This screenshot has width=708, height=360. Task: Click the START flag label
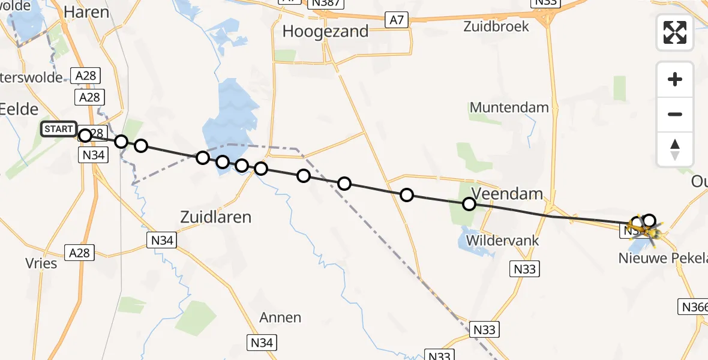point(59,129)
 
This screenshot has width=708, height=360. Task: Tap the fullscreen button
point(675,32)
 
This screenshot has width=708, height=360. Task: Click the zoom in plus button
point(675,79)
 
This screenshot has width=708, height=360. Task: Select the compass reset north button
point(675,149)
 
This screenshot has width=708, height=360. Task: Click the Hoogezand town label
point(325,32)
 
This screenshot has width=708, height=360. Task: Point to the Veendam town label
point(507,194)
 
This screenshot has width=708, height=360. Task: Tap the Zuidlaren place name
point(216,217)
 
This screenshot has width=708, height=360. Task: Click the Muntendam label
point(509,108)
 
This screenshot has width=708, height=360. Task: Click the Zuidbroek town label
point(496,26)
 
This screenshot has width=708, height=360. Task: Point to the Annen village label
point(280,317)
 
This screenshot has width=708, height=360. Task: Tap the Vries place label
point(41,263)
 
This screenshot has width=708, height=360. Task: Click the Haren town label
point(86,12)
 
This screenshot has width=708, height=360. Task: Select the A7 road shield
point(397,20)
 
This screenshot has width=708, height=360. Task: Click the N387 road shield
point(325,4)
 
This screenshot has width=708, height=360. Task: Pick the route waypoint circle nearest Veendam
point(469,205)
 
